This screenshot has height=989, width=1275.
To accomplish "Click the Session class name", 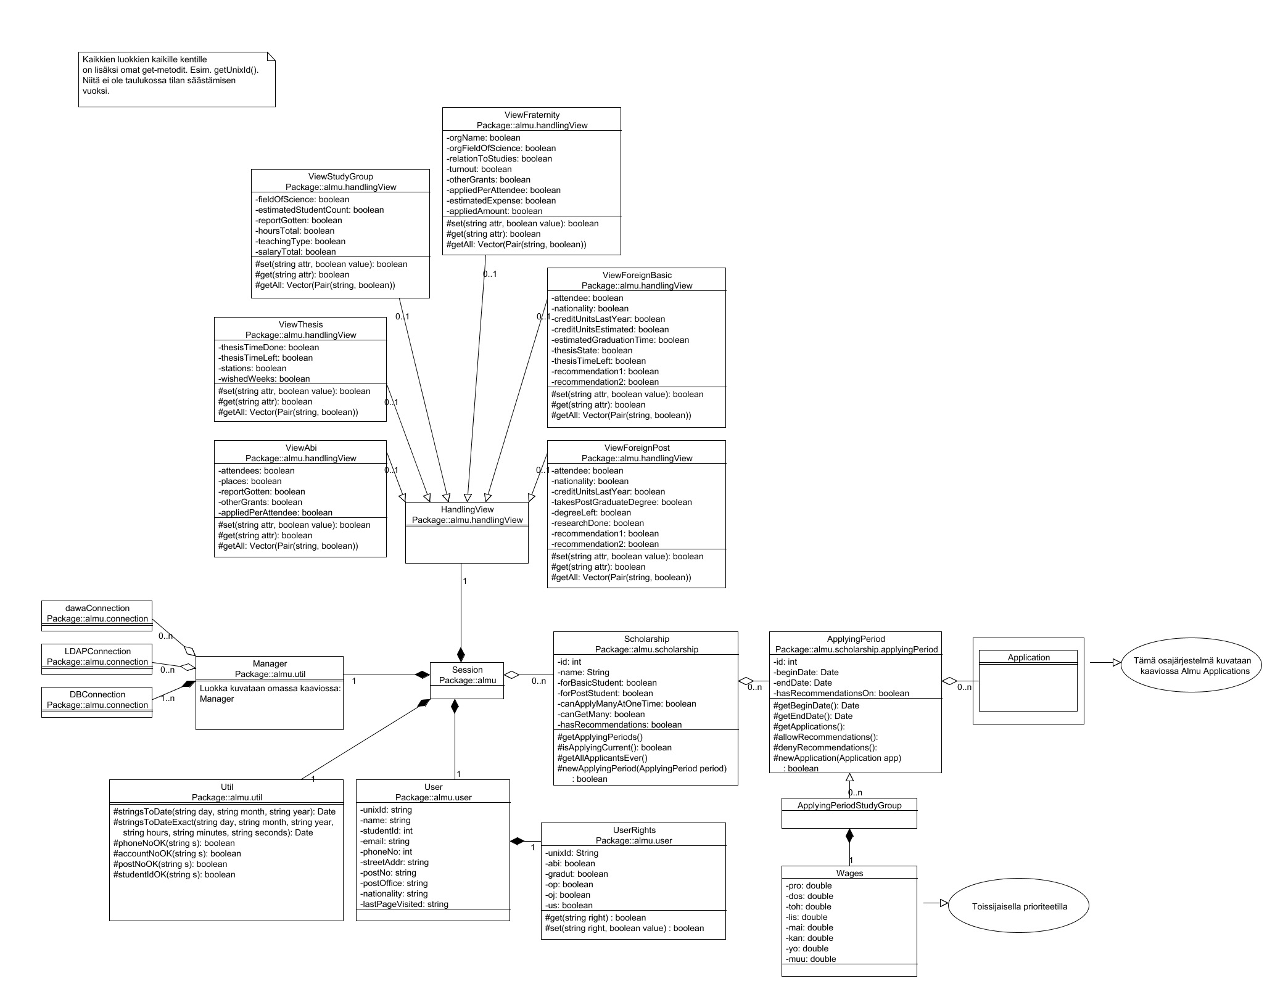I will click(467, 670).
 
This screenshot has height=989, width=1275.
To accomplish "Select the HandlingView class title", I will click(467, 509).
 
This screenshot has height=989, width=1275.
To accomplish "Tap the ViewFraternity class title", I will click(531, 115).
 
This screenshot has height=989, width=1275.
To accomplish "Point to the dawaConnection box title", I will click(97, 608).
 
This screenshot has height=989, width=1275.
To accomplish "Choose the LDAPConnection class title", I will click(97, 651).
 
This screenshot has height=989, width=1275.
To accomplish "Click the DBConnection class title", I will click(97, 694).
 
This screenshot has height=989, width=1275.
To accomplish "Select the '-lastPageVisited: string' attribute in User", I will click(404, 904).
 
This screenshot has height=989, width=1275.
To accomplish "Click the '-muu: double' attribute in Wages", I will click(811, 959).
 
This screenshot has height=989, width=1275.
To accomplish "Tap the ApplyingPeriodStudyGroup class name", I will click(849, 805).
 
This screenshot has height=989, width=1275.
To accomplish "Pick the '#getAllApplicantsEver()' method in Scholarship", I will click(602, 758).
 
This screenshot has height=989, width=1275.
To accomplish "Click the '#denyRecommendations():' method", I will click(825, 747).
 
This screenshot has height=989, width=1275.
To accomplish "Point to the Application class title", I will click(1028, 657).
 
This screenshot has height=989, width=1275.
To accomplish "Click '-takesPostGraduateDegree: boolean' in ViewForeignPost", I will click(622, 502).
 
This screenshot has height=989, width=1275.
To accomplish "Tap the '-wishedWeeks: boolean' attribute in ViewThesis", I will click(264, 379).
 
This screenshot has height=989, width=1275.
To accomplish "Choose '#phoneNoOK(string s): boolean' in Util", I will click(174, 843).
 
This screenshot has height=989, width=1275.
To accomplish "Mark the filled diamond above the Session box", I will click(461, 654).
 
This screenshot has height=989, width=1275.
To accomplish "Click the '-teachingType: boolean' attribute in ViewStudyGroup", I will click(300, 241).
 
